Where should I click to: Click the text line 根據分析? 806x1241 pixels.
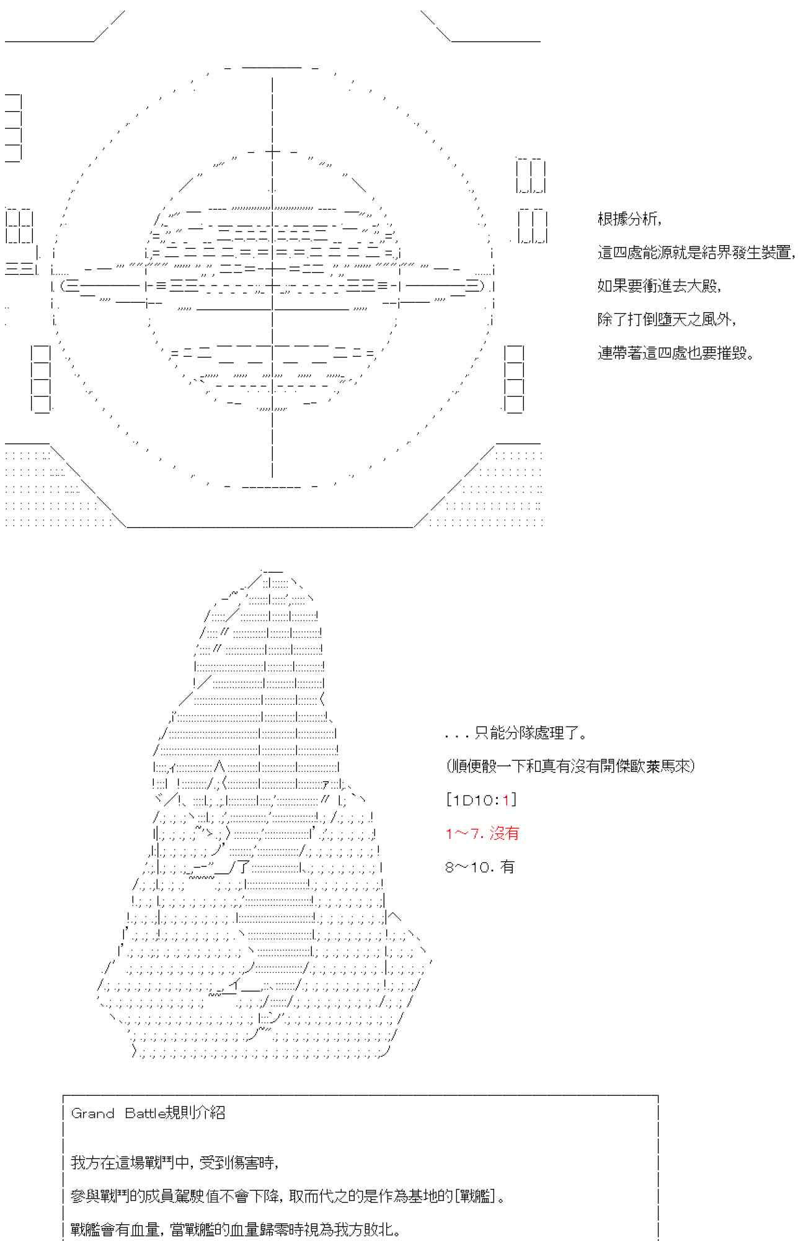[629, 219]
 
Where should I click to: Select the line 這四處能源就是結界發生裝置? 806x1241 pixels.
[696, 253]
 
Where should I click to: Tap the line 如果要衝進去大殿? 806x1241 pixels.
[659, 286]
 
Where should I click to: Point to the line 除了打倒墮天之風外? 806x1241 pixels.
[666, 320]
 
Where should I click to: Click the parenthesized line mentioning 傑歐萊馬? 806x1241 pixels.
[570, 766]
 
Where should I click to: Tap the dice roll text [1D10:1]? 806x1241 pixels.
[481, 800]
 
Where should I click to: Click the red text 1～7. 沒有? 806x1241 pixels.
[482, 833]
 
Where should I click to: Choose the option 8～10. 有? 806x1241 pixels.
[480, 867]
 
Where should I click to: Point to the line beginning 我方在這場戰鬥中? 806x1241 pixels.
[175, 1163]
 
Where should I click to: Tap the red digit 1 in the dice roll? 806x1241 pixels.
[506, 800]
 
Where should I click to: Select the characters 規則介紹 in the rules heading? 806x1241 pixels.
[195, 1113]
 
